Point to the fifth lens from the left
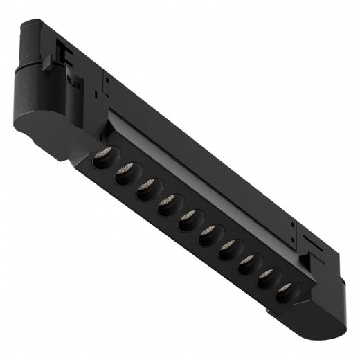coord(188,222)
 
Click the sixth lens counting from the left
coord(208,237)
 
